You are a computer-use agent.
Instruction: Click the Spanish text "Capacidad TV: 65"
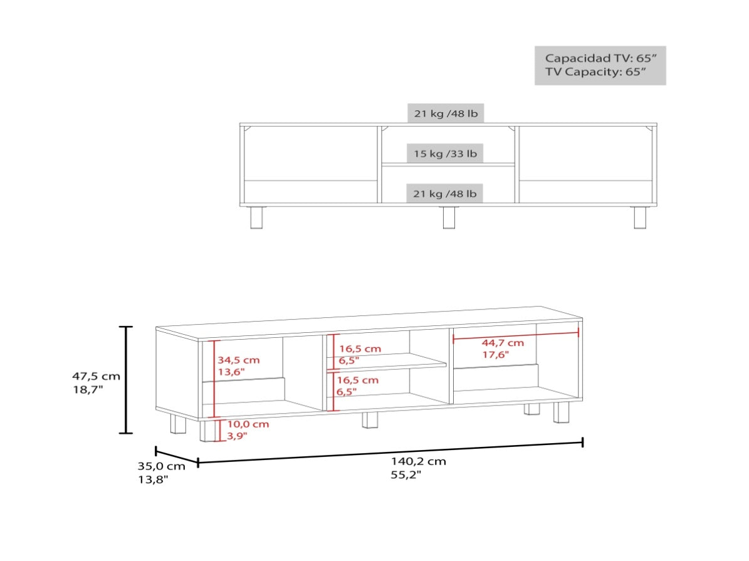(x=600, y=58)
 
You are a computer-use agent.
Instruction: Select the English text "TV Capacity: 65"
(x=595, y=71)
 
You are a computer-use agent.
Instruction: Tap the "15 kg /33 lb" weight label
(x=445, y=154)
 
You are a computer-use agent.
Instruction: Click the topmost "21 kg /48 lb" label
(x=446, y=113)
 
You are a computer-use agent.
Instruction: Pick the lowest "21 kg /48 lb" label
(x=445, y=194)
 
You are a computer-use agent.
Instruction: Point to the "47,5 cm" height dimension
(x=96, y=376)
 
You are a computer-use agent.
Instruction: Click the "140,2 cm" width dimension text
(x=419, y=461)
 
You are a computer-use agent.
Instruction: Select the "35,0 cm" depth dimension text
(x=162, y=466)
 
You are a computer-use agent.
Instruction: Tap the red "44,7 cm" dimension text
(x=503, y=343)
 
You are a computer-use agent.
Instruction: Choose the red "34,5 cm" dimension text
(x=239, y=360)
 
